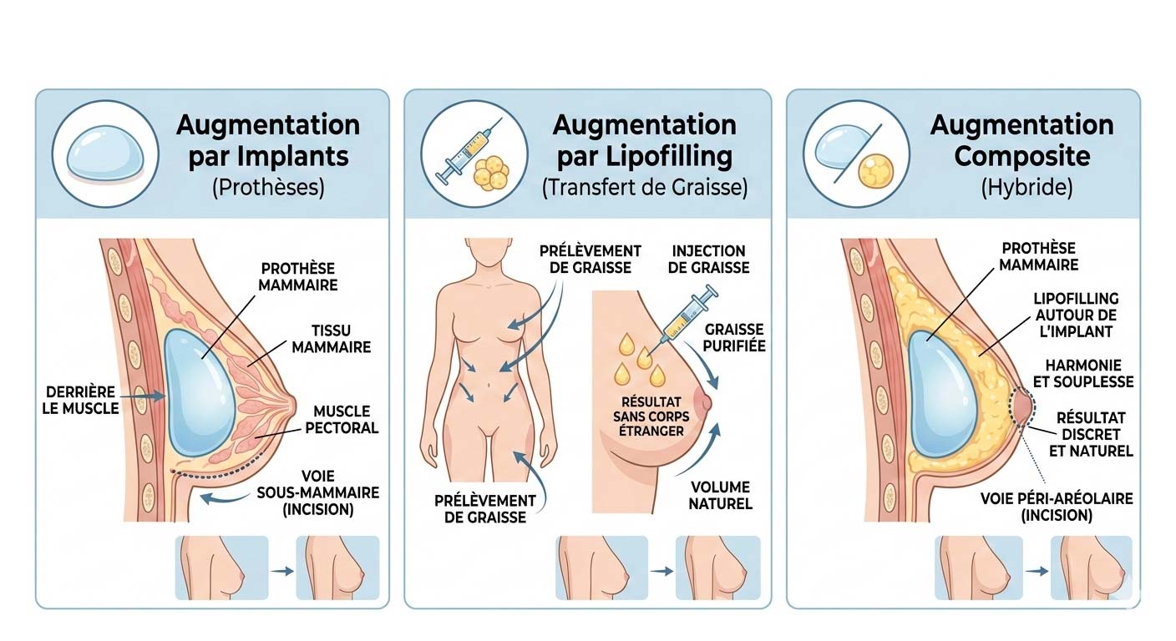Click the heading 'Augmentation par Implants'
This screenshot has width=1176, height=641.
coord(267,140)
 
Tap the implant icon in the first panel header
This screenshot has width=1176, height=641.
coord(104,153)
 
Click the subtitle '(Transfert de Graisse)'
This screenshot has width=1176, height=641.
coord(644,188)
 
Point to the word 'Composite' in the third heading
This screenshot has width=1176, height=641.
coord(1021,156)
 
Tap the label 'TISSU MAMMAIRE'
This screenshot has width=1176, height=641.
coord(332,338)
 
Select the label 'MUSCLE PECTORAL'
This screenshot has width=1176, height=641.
coord(345,420)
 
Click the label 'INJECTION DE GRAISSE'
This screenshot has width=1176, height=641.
coord(708,259)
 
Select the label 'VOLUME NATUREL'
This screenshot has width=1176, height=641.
coord(722,495)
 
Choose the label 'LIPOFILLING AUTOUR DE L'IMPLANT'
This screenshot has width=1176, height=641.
coord(1076,315)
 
